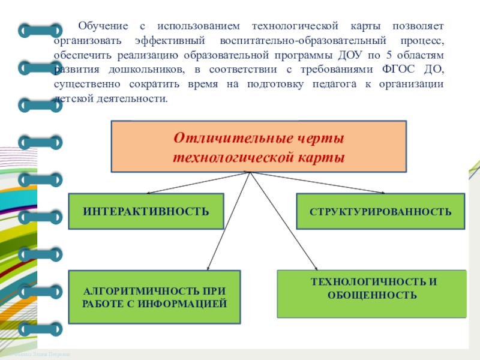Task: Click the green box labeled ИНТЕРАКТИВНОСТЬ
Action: point(146,211)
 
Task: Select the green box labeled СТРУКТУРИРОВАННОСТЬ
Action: point(380,211)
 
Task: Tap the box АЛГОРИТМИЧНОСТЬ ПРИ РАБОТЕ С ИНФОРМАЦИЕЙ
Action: point(154,297)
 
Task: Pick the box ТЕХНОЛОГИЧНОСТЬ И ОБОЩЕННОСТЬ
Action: point(371,293)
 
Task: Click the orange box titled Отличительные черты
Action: point(259,146)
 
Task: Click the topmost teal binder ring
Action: point(40,30)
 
